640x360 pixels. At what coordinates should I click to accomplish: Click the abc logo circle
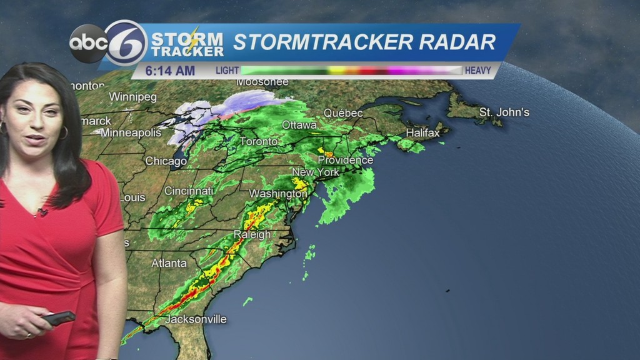[87, 43]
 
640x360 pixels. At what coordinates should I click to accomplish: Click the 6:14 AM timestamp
[170, 71]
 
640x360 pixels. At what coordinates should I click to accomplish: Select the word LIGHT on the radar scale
[227, 71]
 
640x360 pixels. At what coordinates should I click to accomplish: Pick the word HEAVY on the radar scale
[478, 71]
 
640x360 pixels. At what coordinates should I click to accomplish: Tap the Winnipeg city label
[132, 97]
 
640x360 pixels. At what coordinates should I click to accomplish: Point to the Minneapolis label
[131, 132]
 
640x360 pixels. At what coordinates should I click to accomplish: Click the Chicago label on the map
[166, 161]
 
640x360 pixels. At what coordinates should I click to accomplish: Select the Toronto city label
[258, 142]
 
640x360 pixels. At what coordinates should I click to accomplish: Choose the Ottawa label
[299, 125]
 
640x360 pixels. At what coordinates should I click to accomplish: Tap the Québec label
[343, 113]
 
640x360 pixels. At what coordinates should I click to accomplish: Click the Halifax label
[422, 132]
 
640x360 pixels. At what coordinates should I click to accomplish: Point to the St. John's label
[504, 112]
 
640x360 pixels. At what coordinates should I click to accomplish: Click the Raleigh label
[252, 234]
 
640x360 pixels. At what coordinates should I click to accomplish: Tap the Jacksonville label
[196, 319]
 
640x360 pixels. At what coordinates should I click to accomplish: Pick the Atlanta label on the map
[169, 263]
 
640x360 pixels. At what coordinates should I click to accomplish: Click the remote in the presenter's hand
[59, 318]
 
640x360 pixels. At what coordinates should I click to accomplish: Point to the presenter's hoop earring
[63, 132]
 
